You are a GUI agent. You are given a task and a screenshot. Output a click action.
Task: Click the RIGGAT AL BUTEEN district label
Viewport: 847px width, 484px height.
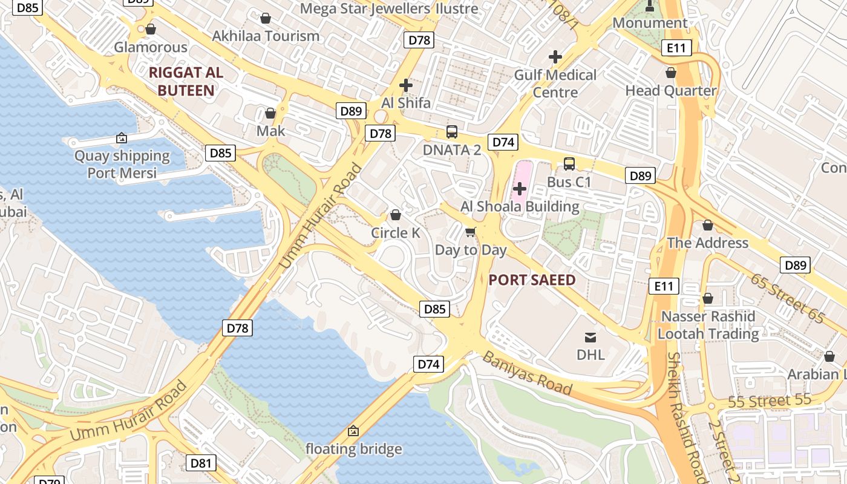pos(186,82)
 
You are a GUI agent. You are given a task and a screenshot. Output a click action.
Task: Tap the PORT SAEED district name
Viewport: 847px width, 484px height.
pos(532,280)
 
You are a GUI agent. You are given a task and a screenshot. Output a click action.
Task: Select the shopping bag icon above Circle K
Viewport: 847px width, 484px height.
pos(396,215)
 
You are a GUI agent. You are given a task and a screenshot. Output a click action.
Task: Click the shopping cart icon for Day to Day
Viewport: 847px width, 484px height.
pos(471,232)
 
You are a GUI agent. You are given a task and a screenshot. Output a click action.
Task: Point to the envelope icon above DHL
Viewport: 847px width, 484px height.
pos(590,337)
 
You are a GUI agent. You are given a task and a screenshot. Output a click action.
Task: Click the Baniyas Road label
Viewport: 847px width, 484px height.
pos(526,373)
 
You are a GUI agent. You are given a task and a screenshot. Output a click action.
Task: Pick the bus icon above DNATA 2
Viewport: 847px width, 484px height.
pos(452,131)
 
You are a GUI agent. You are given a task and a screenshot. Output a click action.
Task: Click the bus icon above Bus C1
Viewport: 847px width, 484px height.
pos(569,164)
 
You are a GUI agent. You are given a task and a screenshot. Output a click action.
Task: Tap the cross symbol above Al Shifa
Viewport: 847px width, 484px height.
pos(406,85)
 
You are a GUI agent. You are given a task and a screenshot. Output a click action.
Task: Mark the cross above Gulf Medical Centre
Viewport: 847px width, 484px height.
pos(555,57)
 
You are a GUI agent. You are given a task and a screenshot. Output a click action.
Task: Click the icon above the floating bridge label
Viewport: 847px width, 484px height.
pos(353,431)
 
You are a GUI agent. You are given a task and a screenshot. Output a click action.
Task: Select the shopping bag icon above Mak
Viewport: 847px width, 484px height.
pos(270,113)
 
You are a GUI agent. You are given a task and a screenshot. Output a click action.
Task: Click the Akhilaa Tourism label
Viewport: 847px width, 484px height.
pos(266,36)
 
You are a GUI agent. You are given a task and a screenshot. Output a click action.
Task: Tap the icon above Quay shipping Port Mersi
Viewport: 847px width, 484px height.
pos(122,138)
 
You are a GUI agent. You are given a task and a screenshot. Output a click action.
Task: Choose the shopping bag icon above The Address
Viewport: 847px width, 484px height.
pos(708,226)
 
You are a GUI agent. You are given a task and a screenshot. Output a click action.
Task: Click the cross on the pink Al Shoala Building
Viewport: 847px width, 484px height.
pos(520,189)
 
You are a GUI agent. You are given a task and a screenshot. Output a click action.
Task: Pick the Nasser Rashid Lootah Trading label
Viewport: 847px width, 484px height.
pos(708,325)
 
